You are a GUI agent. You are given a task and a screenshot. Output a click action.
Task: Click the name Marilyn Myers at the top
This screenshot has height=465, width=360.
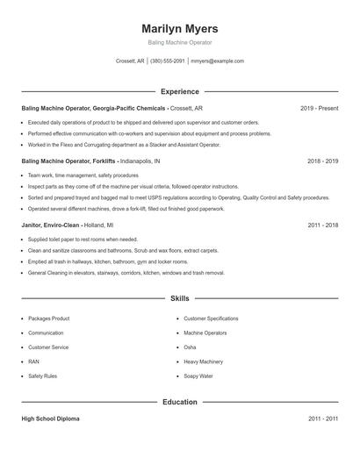click(179, 28)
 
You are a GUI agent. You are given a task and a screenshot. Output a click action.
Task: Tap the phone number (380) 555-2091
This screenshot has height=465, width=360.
click(167, 61)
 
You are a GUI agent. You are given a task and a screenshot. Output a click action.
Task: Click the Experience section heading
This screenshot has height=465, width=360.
click(179, 91)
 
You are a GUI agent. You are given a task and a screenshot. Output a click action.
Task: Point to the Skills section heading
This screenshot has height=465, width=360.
click(179, 299)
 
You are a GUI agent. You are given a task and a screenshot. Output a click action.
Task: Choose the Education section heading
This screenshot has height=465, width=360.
click(179, 402)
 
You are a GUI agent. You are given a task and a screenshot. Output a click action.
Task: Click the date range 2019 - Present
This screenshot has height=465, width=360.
click(319, 108)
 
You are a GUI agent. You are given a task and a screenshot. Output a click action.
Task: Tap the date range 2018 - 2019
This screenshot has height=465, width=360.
click(322, 161)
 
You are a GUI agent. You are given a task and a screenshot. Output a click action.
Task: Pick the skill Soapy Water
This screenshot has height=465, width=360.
click(198, 376)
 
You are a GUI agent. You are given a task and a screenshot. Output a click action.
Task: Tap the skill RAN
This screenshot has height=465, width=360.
click(33, 361)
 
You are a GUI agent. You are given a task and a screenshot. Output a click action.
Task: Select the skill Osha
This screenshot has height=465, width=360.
click(189, 347)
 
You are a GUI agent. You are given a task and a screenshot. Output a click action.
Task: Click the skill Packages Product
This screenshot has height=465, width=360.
click(48, 318)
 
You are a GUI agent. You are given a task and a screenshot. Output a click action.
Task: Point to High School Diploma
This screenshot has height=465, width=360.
click(50, 418)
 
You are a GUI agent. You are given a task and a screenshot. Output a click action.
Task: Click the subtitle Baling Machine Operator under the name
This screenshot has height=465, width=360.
click(179, 42)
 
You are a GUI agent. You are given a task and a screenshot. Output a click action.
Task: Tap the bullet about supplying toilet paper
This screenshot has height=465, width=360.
click(83, 239)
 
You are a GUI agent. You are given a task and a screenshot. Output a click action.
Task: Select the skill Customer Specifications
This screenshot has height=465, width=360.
click(211, 318)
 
